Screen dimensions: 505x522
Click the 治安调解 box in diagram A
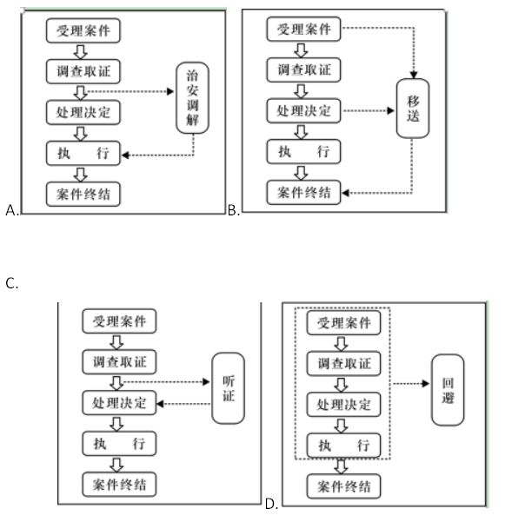(193, 98)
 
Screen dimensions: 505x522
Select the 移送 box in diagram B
(413, 109)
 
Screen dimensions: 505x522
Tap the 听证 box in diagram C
(229, 388)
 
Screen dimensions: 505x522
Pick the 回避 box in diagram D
(448, 390)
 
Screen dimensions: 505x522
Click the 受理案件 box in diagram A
(83, 30)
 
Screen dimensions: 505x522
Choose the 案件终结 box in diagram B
(304, 193)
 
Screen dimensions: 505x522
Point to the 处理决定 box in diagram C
(119, 403)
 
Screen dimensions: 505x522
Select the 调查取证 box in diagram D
(343, 364)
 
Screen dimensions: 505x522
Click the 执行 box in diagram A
(83, 153)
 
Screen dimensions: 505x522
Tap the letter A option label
(12, 210)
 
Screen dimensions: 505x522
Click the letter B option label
(234, 210)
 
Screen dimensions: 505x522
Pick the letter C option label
(11, 284)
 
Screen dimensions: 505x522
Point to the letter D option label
(271, 504)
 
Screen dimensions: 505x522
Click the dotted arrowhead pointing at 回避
(425, 384)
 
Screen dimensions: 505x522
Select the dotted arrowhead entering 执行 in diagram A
(125, 155)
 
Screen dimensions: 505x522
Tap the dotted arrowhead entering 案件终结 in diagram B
(345, 193)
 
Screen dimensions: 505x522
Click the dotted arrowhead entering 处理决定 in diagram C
(161, 404)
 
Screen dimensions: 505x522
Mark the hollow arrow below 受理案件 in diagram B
(301, 50)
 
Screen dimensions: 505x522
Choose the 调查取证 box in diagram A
(83, 71)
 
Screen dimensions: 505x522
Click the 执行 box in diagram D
(343, 446)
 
